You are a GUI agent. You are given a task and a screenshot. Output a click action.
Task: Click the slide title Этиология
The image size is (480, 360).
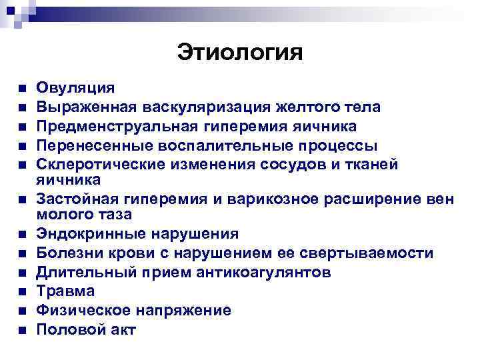click(x=240, y=52)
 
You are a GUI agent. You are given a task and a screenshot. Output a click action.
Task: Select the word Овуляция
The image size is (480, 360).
click(x=75, y=87)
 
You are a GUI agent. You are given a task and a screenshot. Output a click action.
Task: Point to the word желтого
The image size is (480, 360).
click(x=301, y=107)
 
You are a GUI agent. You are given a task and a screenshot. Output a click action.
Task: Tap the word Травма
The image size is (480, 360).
click(x=65, y=291)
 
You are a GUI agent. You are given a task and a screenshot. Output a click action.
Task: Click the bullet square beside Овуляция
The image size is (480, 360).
click(x=22, y=88)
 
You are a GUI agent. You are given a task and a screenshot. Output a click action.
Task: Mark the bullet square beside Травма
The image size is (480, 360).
click(x=22, y=292)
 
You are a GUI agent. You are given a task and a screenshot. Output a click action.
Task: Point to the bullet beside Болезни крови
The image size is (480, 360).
click(x=22, y=254)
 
